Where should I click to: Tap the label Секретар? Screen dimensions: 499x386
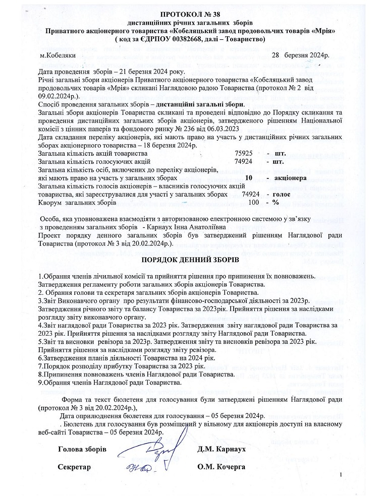tap(74, 467)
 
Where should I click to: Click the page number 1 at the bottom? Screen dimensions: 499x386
tap(342, 475)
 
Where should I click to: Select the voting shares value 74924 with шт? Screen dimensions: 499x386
tap(244, 161)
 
